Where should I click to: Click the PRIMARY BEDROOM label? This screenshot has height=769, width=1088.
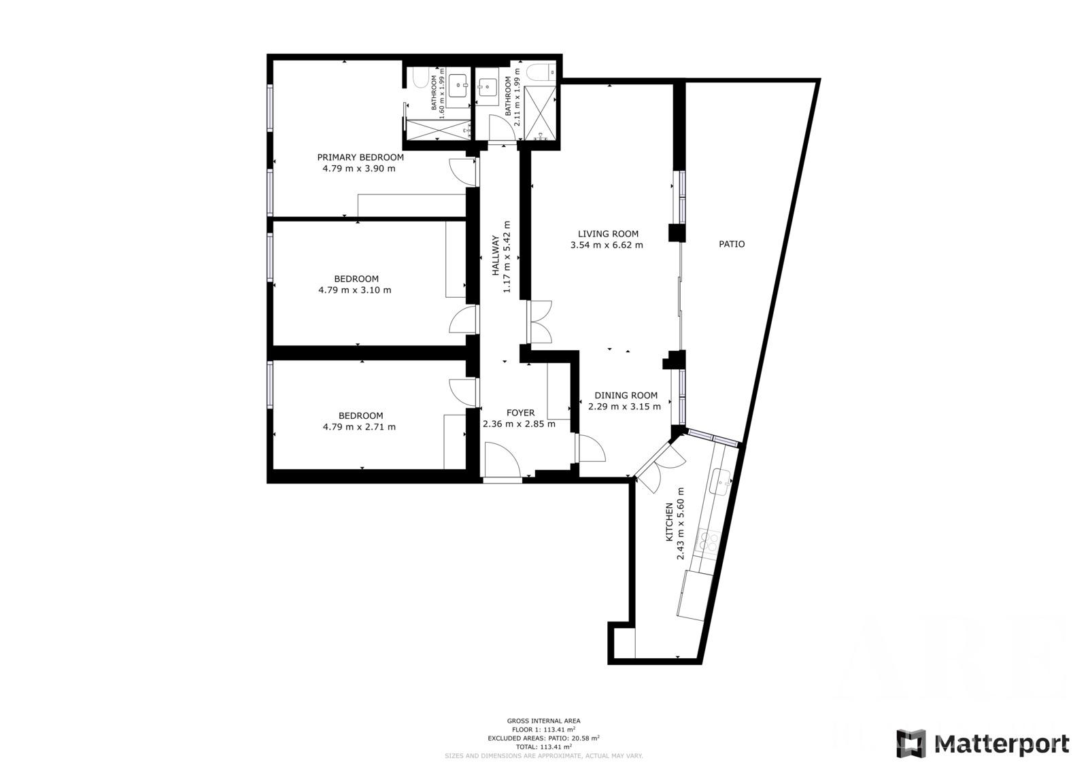[360, 157]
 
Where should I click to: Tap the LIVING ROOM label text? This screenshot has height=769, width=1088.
[608, 234]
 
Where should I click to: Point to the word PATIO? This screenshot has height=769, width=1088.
[732, 243]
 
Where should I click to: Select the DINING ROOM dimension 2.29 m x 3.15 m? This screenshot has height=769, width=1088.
[624, 407]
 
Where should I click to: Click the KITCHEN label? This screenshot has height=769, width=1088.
[669, 522]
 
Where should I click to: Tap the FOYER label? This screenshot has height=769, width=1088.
[520, 413]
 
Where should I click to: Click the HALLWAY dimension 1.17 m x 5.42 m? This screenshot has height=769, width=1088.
[506, 256]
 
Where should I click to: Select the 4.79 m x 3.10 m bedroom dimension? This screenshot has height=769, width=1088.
[354, 290]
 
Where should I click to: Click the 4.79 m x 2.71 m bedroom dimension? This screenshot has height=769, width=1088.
[359, 427]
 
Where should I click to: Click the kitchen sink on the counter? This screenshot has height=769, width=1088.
[719, 483]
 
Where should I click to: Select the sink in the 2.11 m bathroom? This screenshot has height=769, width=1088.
[487, 86]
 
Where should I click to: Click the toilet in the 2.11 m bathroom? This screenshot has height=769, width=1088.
[540, 71]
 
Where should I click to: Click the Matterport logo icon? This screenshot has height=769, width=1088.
[911, 743]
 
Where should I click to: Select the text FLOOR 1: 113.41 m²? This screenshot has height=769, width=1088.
[543, 729]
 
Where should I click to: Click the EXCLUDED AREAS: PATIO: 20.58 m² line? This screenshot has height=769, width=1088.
[543, 738]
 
